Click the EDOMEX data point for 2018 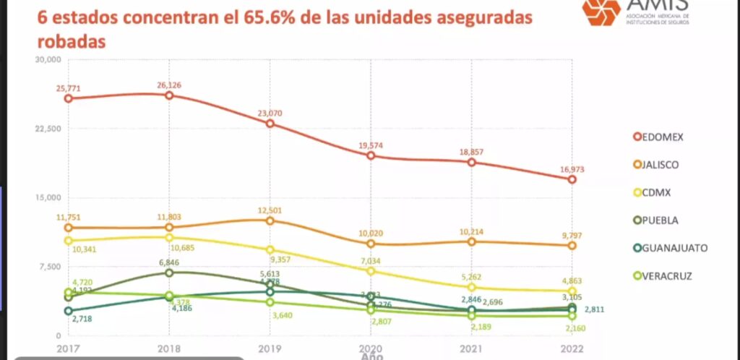pyautogui.click(x=169, y=95)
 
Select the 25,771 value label pyautogui.click(x=68, y=88)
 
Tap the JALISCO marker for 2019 pyautogui.click(x=270, y=220)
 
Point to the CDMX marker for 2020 pyautogui.click(x=371, y=271)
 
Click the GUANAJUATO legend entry pyautogui.click(x=669, y=248)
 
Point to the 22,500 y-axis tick pyautogui.click(x=48, y=129)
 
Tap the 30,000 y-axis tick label pyautogui.click(x=48, y=60)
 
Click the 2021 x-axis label pyautogui.click(x=470, y=348)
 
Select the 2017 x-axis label pyautogui.click(x=68, y=348)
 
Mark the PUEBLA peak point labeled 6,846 pyautogui.click(x=169, y=273)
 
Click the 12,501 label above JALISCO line pyautogui.click(x=270, y=210)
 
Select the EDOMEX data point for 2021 pyautogui.click(x=471, y=162)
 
